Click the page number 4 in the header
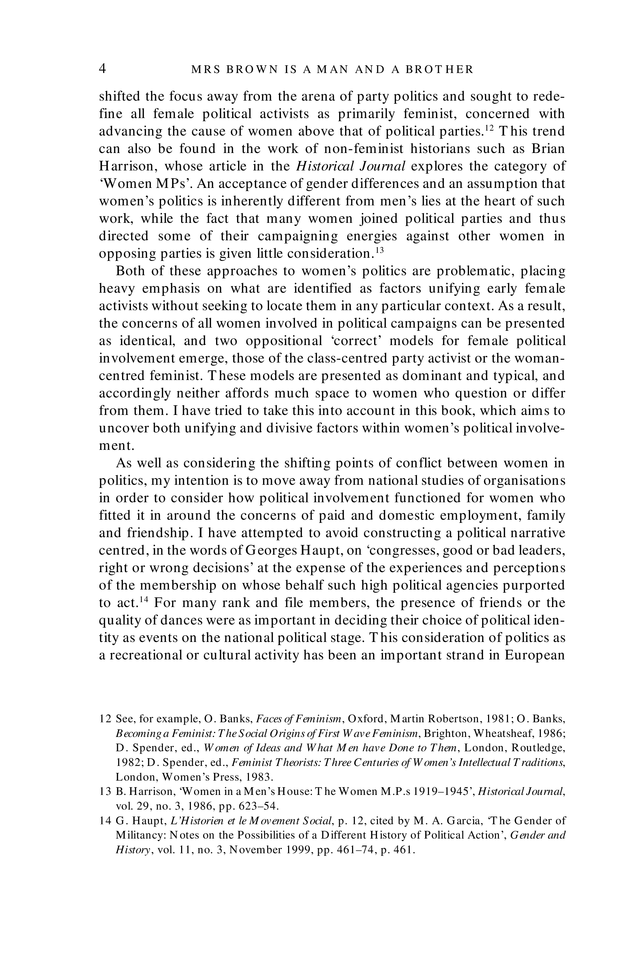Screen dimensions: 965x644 click(x=103, y=68)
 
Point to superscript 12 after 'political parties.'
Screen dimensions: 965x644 click(x=489, y=127)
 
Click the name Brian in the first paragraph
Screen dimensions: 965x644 click(x=548, y=148)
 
